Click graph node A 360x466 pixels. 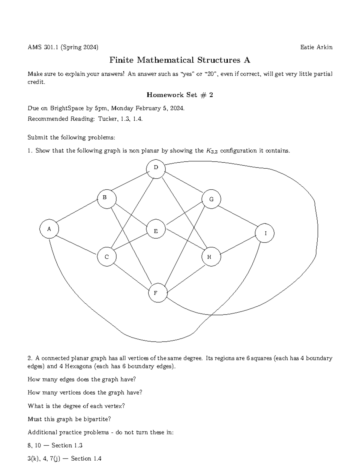(49, 229)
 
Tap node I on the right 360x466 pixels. (265, 233)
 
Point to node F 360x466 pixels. (155, 293)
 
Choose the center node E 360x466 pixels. (156, 231)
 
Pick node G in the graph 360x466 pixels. (211, 199)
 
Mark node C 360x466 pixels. (106, 257)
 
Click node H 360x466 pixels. (209, 257)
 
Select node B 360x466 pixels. (105, 197)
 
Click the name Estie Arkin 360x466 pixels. (316, 47)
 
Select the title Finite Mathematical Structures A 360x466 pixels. (180, 60)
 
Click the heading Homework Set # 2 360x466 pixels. (180, 95)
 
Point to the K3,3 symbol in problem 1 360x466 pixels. (212, 151)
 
